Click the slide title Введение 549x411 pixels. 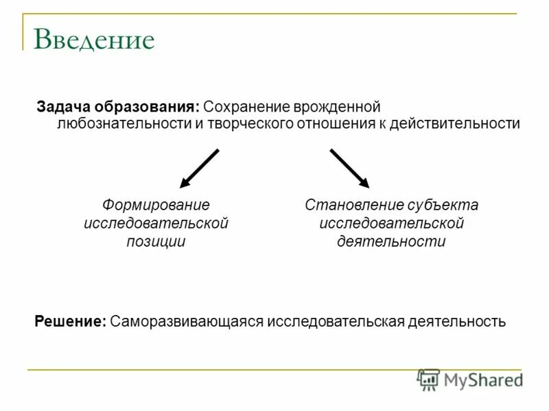click(94, 40)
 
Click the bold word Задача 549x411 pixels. click(62, 108)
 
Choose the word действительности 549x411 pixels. click(455, 124)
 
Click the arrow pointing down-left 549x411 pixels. click(199, 168)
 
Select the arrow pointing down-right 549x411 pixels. click(349, 168)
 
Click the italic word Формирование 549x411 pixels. click(156, 205)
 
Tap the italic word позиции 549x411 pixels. click(156, 241)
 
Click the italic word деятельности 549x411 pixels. click(391, 241)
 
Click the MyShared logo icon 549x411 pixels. click(429, 379)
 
